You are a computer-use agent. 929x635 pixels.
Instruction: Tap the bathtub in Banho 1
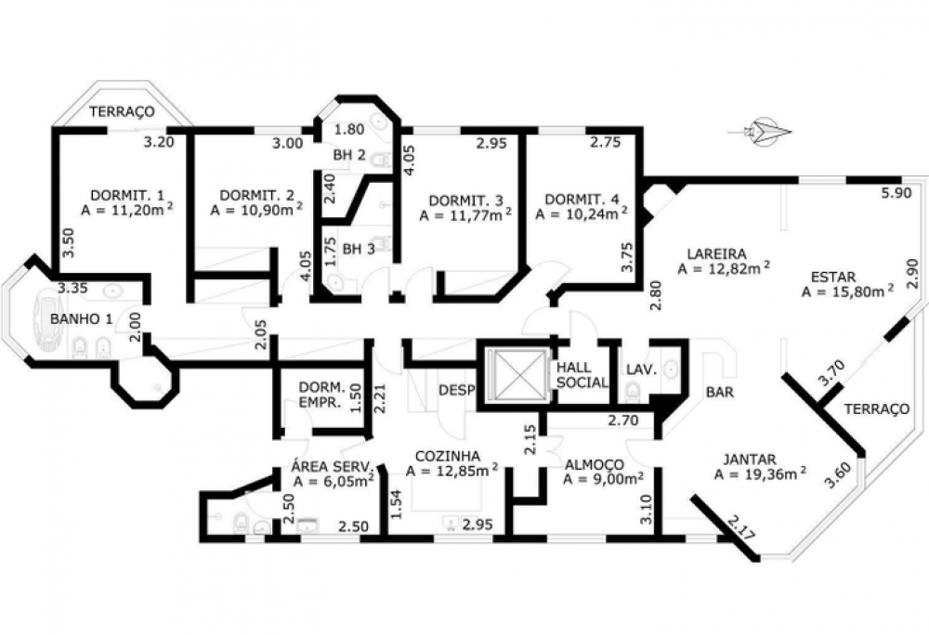tap(51, 319)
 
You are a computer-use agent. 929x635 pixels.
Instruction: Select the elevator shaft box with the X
tap(515, 375)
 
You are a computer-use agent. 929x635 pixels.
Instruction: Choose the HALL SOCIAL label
tap(582, 375)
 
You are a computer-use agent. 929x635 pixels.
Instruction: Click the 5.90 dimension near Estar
tap(896, 193)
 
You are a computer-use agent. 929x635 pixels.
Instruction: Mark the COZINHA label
tap(448, 456)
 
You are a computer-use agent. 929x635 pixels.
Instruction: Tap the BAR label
tap(720, 392)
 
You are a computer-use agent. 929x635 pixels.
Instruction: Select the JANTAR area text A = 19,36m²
tap(760, 474)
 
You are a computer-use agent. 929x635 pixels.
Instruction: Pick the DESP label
tap(457, 390)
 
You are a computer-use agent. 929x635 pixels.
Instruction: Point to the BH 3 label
tap(359, 249)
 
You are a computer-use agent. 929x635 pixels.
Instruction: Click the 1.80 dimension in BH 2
tap(349, 129)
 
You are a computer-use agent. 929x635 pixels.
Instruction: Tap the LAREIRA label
tap(716, 253)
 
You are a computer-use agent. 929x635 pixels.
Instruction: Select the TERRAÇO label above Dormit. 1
tap(122, 111)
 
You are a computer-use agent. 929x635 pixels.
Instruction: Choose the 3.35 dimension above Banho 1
tap(72, 288)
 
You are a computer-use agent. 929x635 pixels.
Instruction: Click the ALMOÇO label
tap(594, 464)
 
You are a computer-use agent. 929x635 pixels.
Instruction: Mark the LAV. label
tap(642, 369)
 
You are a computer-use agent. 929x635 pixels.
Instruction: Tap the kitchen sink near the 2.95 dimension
tap(451, 524)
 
